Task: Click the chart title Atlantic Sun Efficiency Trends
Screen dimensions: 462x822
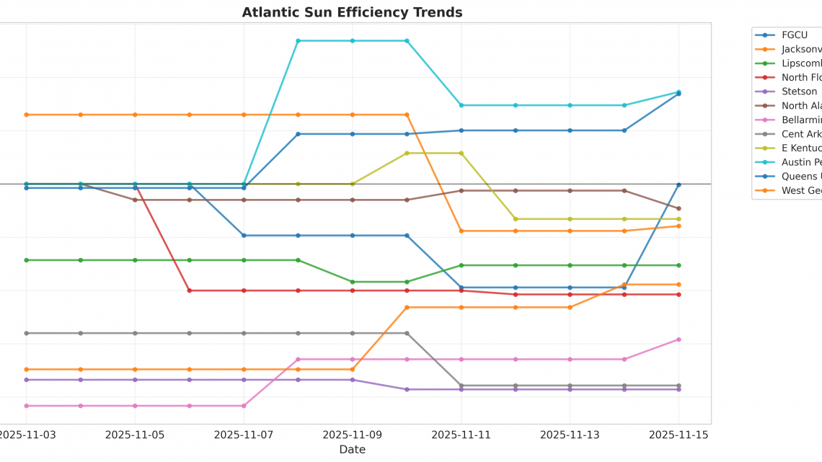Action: tap(352, 12)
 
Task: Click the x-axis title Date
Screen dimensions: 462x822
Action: tap(352, 450)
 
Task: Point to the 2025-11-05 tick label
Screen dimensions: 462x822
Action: tap(135, 435)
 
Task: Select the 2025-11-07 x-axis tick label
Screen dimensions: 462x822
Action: tap(244, 435)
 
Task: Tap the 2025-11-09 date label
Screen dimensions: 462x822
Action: tap(353, 435)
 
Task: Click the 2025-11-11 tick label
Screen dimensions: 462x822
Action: tap(461, 435)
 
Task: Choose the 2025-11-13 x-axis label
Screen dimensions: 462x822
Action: tap(570, 435)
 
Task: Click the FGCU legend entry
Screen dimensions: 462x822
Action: tap(794, 35)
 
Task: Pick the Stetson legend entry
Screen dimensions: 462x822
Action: tap(799, 92)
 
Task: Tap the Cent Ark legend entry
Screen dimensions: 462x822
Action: tap(800, 134)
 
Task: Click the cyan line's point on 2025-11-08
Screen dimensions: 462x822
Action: tap(298, 41)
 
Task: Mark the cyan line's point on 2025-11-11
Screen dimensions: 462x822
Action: tap(461, 105)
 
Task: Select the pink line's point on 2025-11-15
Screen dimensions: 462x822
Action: tap(679, 339)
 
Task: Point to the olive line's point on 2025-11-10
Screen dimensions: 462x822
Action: tap(407, 154)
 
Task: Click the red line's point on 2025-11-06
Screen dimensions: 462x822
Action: tap(190, 290)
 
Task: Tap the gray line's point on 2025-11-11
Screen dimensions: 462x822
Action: tap(461, 386)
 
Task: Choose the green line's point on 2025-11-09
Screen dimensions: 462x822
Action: tap(353, 282)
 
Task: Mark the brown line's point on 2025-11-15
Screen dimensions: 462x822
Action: tap(679, 208)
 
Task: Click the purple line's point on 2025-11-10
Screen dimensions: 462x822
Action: tap(407, 389)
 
